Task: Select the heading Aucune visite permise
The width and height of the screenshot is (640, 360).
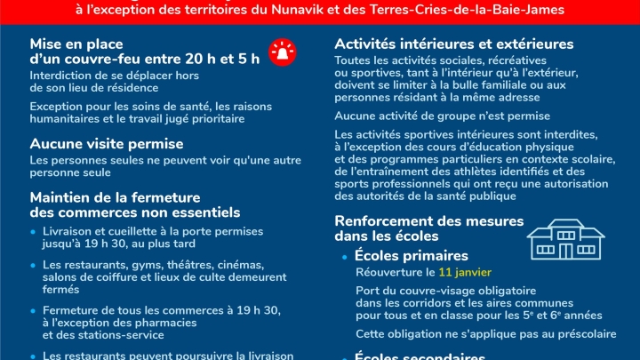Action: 107,143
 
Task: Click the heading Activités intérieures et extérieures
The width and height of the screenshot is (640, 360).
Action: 454,44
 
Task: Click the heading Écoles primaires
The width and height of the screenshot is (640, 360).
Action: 411,256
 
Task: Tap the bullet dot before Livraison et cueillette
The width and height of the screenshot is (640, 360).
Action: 34,231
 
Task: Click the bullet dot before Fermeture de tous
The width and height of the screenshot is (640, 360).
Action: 34,311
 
